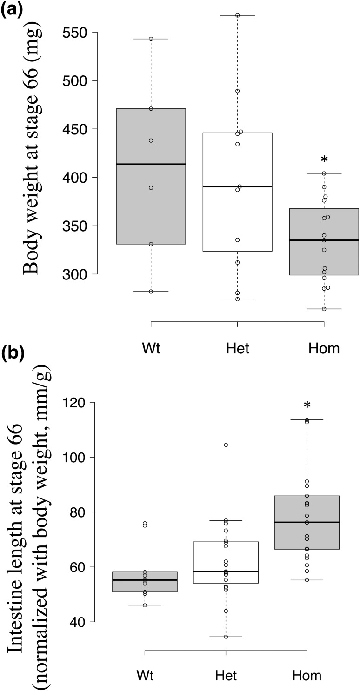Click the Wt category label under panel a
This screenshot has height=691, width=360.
click(x=151, y=348)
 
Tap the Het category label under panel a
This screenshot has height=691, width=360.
click(x=237, y=348)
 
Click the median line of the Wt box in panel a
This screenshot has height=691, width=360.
click(x=151, y=164)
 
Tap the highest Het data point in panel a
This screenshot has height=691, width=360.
click(x=237, y=15)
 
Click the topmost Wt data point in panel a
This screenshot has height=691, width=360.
click(x=151, y=39)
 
